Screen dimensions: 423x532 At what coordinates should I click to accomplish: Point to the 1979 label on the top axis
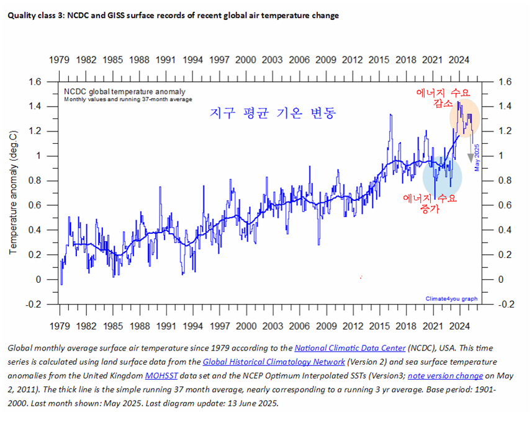click(x=60, y=60)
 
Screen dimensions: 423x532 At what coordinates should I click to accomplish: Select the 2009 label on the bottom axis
click(x=326, y=325)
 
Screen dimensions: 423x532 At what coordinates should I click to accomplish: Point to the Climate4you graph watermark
click(x=451, y=299)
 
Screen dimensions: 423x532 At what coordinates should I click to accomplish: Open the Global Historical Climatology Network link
click(x=274, y=362)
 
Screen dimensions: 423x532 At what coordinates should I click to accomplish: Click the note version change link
click(x=445, y=375)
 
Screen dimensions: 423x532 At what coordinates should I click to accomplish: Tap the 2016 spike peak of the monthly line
click(x=390, y=115)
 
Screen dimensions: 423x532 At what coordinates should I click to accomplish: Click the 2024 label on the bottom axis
click(x=459, y=325)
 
